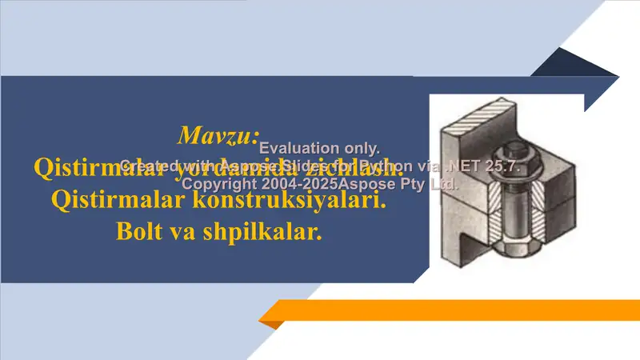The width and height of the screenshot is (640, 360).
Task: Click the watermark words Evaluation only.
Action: [319, 147]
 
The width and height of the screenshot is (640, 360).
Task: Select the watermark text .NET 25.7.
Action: [483, 166]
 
